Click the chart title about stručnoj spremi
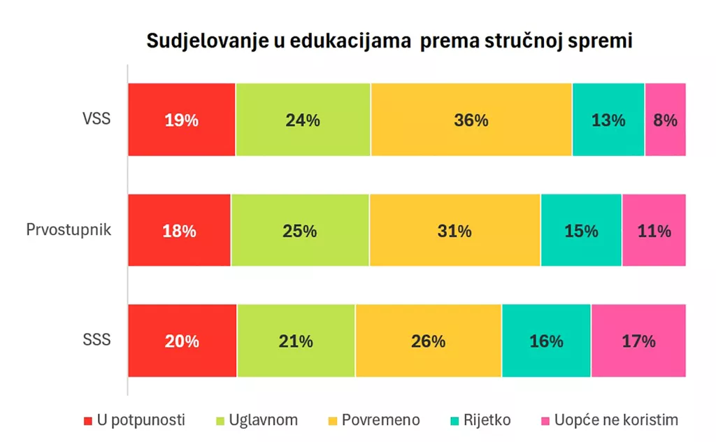(389, 41)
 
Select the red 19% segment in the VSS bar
(181, 120)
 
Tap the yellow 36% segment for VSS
(471, 120)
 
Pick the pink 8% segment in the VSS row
(665, 120)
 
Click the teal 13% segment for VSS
(608, 120)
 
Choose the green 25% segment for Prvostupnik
(300, 231)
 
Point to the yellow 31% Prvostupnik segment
(454, 231)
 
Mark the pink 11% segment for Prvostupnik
(654, 231)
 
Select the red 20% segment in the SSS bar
(182, 341)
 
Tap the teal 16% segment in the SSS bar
(546, 341)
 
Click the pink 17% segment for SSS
(638, 341)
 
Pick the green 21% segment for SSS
(296, 341)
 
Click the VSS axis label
(96, 118)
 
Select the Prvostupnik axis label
(69, 229)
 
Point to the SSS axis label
(96, 341)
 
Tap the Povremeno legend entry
(380, 420)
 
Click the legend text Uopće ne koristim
(615, 420)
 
